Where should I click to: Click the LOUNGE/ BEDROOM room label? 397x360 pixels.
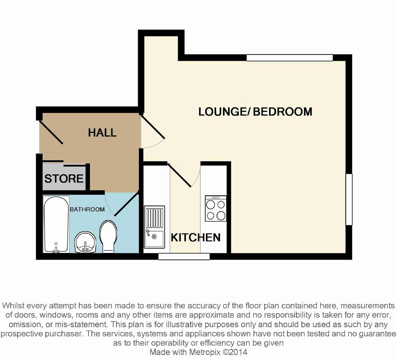[x=255, y=112]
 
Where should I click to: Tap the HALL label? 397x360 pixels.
[x=102, y=133]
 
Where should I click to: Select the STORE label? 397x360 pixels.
[x=64, y=179]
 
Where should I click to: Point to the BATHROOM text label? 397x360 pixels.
[x=87, y=209]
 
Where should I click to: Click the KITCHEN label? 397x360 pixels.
[x=196, y=238]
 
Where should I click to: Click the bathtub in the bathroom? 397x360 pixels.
[x=56, y=224]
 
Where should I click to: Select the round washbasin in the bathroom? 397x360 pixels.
[x=85, y=242]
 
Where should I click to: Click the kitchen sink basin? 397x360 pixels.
[x=154, y=227]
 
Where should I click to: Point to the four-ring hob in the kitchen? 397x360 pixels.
[x=216, y=208]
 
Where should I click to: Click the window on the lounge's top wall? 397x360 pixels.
[x=290, y=58]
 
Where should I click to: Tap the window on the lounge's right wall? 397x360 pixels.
[x=349, y=199]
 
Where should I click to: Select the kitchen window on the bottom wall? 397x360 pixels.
[x=184, y=256]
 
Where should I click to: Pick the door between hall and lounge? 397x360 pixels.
[x=153, y=127]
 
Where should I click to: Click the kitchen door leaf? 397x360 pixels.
[x=179, y=175]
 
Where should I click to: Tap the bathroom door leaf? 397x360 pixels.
[x=126, y=204]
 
